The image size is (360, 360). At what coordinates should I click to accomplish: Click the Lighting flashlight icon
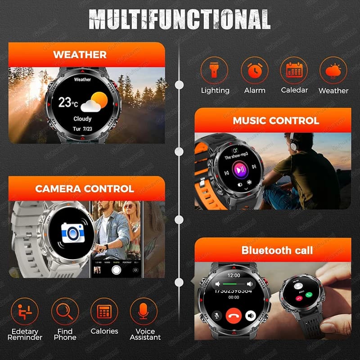(214, 70)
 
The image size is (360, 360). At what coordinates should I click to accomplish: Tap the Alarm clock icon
(254, 70)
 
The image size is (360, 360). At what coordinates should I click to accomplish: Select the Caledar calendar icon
(294, 70)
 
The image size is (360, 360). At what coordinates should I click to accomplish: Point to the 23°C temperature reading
(68, 103)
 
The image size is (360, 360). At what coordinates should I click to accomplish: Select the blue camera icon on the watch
(72, 233)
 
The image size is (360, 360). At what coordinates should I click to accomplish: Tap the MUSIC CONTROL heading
(275, 121)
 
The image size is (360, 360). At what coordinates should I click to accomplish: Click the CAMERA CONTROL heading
(85, 189)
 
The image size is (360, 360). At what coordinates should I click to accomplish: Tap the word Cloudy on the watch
(82, 119)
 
